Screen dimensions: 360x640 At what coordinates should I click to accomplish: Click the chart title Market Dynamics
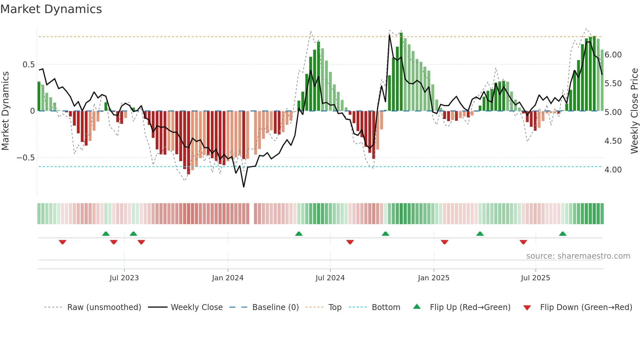(51, 9)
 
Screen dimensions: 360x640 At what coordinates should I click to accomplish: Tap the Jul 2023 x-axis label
(124, 278)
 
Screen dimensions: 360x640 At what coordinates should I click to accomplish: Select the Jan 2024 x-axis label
(228, 278)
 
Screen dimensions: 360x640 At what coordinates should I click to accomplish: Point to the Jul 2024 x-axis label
(330, 278)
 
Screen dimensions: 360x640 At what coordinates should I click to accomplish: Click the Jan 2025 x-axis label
(434, 278)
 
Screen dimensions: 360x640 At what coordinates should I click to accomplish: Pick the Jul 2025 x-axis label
(536, 278)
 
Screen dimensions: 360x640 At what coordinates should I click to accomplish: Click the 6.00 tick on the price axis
(613, 55)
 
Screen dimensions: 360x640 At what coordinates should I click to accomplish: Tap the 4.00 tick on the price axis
(613, 170)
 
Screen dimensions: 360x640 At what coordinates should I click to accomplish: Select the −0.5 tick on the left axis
(26, 158)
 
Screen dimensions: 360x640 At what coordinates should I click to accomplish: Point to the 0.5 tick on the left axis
(28, 65)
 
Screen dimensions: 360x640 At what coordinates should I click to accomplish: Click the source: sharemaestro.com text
(578, 256)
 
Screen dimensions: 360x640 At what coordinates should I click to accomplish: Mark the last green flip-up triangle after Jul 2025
(563, 234)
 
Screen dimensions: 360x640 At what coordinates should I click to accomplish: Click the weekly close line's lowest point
(244, 187)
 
